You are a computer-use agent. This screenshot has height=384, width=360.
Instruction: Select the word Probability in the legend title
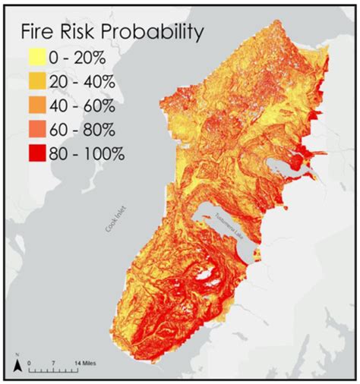[x=156, y=34]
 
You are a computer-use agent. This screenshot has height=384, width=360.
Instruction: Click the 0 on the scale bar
[x=29, y=361]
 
